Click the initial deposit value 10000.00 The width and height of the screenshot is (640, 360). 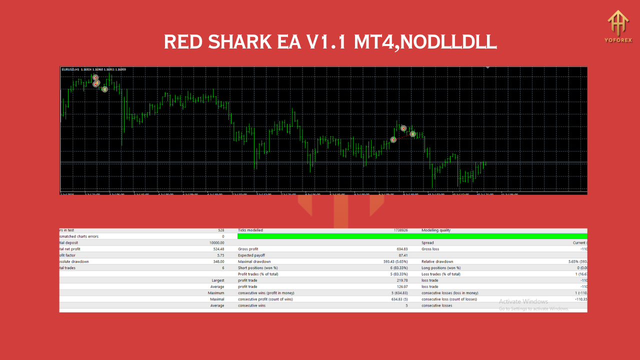coord(216,242)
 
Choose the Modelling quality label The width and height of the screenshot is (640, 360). coord(436,230)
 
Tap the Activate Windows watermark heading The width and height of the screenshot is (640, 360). coord(523,301)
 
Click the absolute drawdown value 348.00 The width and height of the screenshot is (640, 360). coord(217,261)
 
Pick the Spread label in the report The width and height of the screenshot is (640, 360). coord(428,242)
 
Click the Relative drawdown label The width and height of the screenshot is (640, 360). coord(437,261)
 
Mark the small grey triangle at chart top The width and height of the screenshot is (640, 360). coord(487,67)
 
